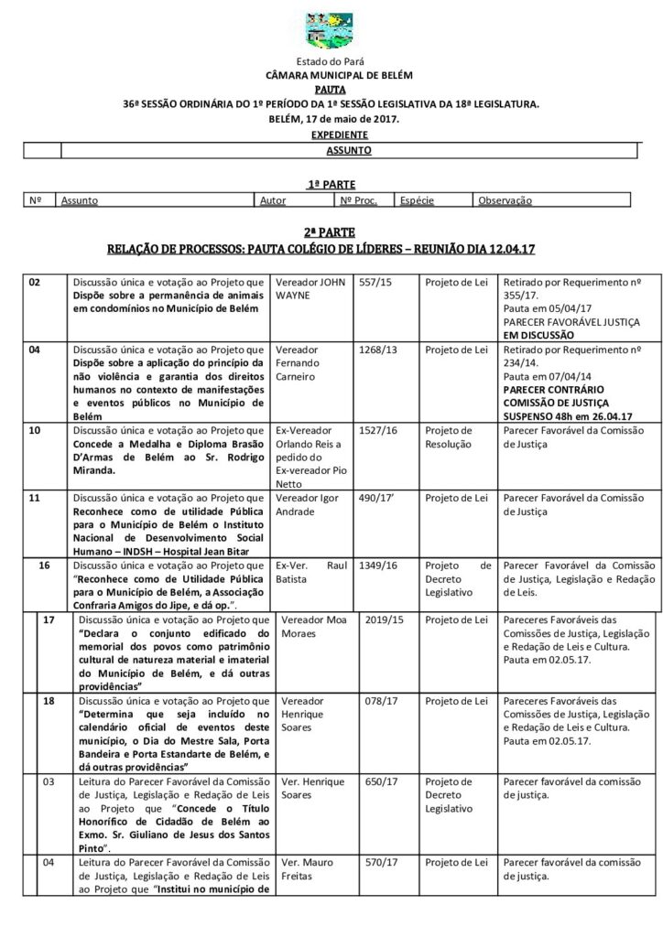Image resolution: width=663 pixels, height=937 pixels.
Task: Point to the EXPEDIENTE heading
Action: click(331, 134)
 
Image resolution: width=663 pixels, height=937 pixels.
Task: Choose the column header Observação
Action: click(505, 200)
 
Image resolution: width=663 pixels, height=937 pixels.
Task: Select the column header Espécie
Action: click(416, 200)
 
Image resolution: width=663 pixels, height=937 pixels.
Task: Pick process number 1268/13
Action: click(378, 349)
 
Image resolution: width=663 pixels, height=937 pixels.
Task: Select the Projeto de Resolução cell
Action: click(449, 437)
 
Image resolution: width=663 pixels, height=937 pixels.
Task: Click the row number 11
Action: click(35, 498)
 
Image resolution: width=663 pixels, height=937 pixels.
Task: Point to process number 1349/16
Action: click(378, 566)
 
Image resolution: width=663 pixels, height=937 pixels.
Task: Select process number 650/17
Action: click(379, 782)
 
